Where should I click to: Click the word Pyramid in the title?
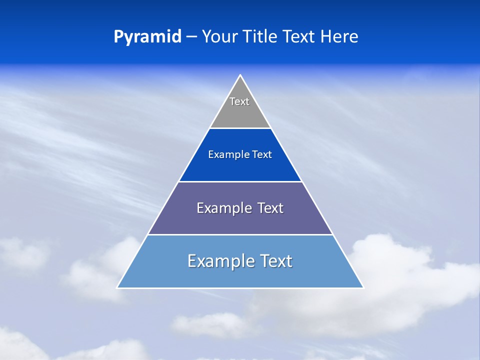(147, 37)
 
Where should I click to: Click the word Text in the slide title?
(299, 37)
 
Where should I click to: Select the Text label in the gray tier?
(239, 101)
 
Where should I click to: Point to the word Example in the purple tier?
(223, 208)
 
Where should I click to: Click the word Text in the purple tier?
(270, 208)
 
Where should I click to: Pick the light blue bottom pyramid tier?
(240, 275)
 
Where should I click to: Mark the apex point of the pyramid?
(240, 75)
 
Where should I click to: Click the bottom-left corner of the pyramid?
(117, 287)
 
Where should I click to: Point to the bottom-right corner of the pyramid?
(363, 287)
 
